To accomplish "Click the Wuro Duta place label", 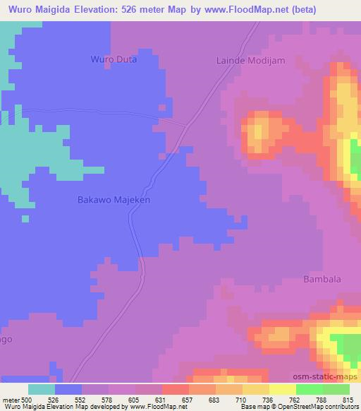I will [x=114, y=60].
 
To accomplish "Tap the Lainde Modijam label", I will [x=250, y=61].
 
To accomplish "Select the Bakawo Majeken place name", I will [x=114, y=200].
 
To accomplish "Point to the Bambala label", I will [x=322, y=279].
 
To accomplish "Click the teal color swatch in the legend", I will [x=42, y=389].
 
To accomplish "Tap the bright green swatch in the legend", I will [x=310, y=389].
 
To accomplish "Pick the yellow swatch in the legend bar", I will [x=283, y=389].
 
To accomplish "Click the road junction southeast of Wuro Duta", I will [x=187, y=126].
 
